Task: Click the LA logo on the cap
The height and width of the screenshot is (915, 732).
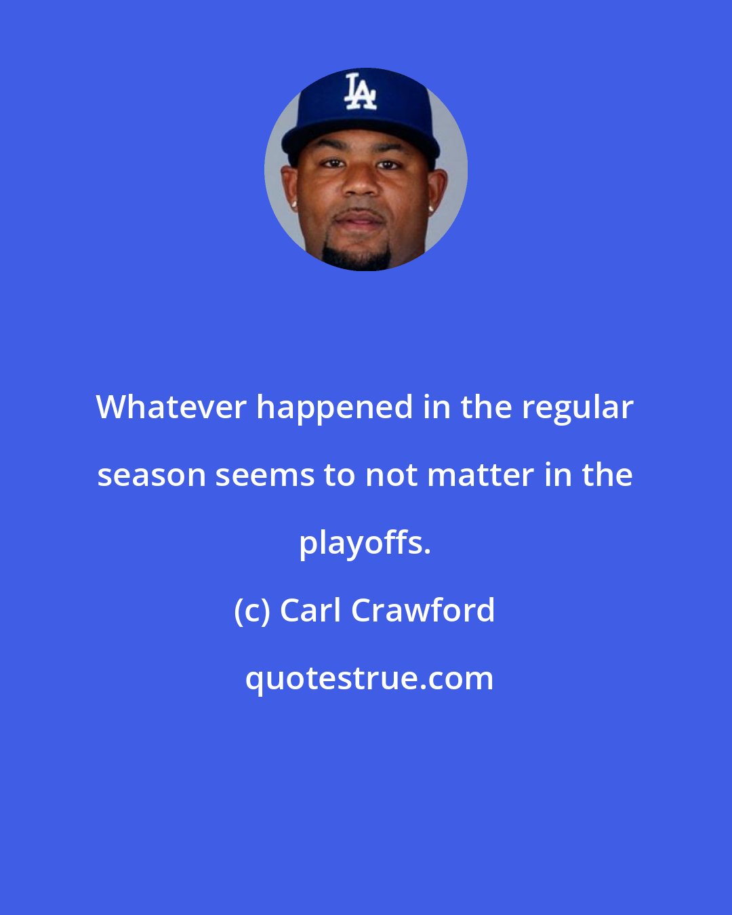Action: [x=360, y=92]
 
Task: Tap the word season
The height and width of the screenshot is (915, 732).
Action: [x=151, y=475]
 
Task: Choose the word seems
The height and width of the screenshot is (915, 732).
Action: [x=264, y=475]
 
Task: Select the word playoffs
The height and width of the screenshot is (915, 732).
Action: [x=365, y=543]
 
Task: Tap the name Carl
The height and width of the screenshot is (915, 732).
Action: [x=310, y=611]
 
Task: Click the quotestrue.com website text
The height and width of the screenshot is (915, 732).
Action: [x=369, y=678]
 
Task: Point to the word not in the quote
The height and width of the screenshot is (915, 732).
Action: [x=390, y=475]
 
